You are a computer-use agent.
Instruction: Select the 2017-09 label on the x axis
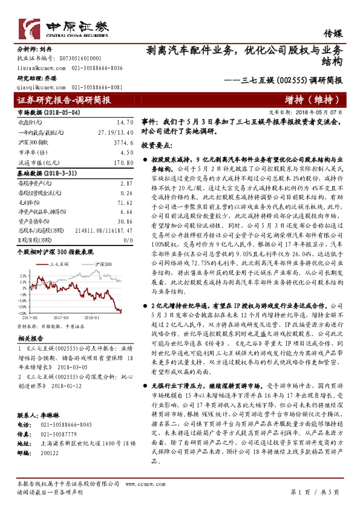point(61,316)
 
